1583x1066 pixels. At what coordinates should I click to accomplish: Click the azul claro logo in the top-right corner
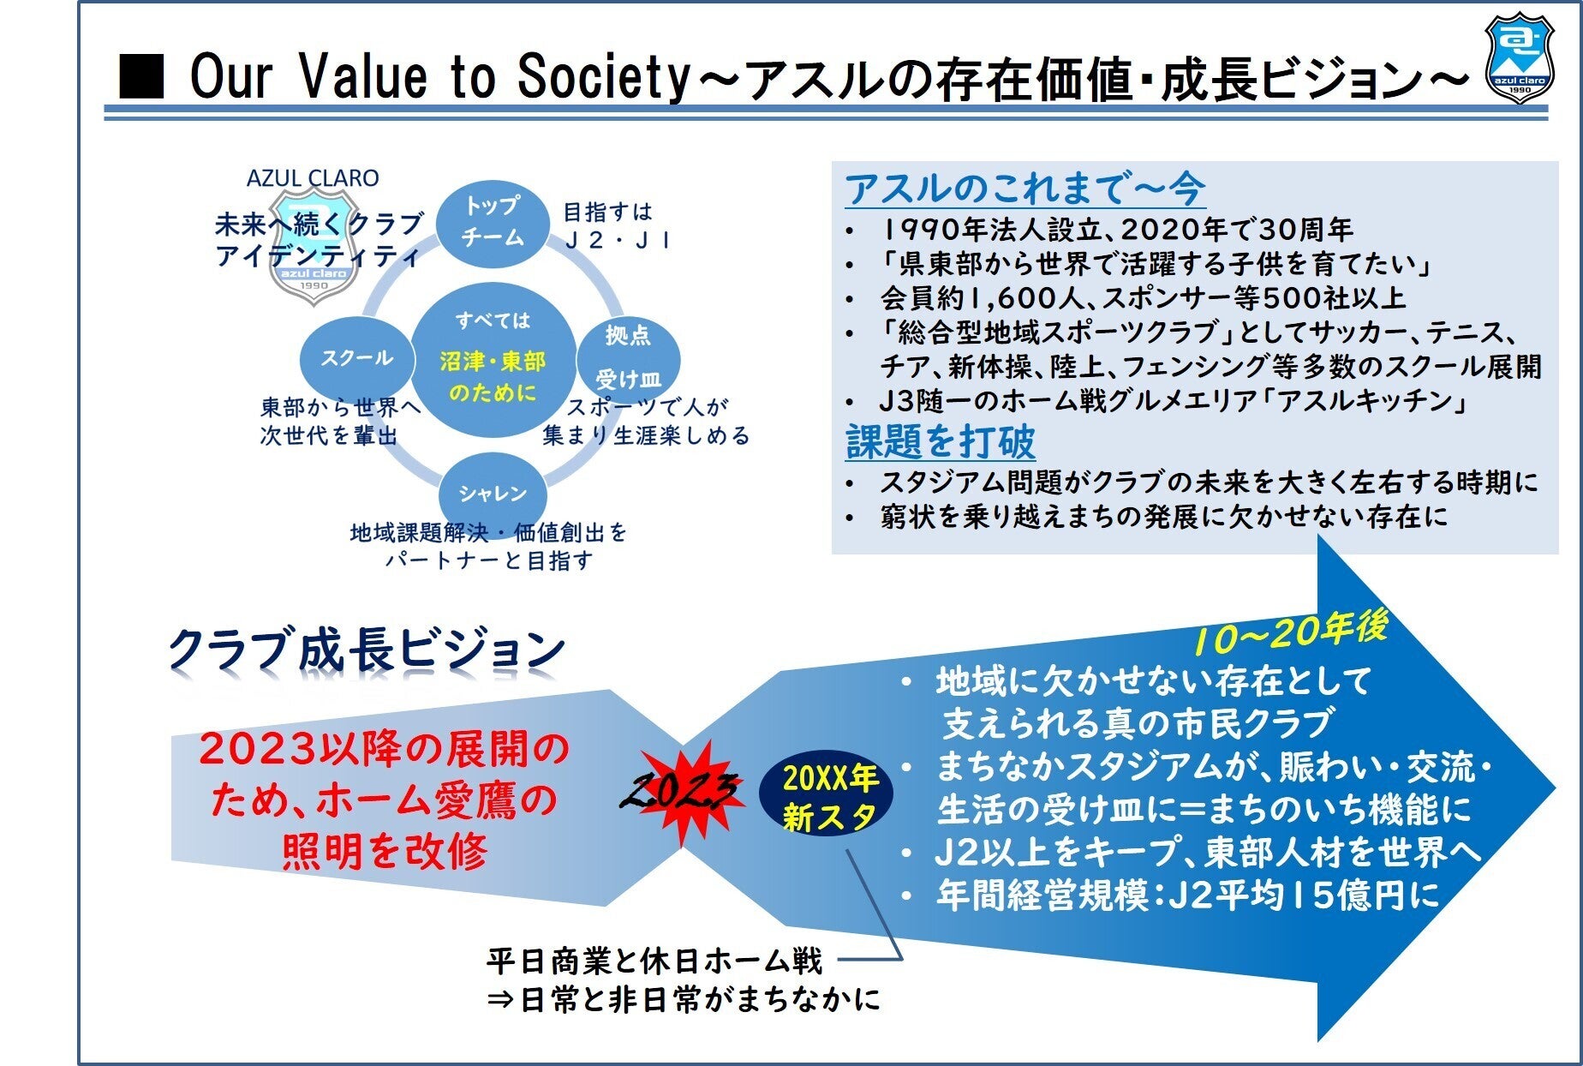click(1519, 58)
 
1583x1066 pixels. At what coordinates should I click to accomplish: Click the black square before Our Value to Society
click(141, 75)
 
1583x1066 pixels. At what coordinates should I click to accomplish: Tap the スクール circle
click(357, 358)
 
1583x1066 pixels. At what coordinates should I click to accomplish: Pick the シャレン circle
click(493, 493)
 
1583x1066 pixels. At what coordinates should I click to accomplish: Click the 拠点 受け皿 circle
click(629, 358)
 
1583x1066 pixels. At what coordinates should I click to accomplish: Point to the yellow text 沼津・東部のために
click(493, 377)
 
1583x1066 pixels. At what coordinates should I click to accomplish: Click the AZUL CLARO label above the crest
click(313, 178)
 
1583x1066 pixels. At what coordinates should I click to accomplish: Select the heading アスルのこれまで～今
click(1024, 189)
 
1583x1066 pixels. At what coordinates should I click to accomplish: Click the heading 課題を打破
click(941, 441)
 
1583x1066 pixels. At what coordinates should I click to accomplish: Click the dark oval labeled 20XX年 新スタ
click(826, 798)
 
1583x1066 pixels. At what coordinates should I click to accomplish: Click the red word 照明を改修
click(385, 852)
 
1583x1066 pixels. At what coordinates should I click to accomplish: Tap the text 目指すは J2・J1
click(617, 225)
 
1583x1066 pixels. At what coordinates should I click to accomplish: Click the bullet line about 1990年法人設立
click(1116, 230)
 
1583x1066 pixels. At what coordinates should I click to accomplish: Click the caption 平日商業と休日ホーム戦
click(654, 961)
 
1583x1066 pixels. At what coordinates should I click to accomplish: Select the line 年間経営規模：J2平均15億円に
click(1187, 895)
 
